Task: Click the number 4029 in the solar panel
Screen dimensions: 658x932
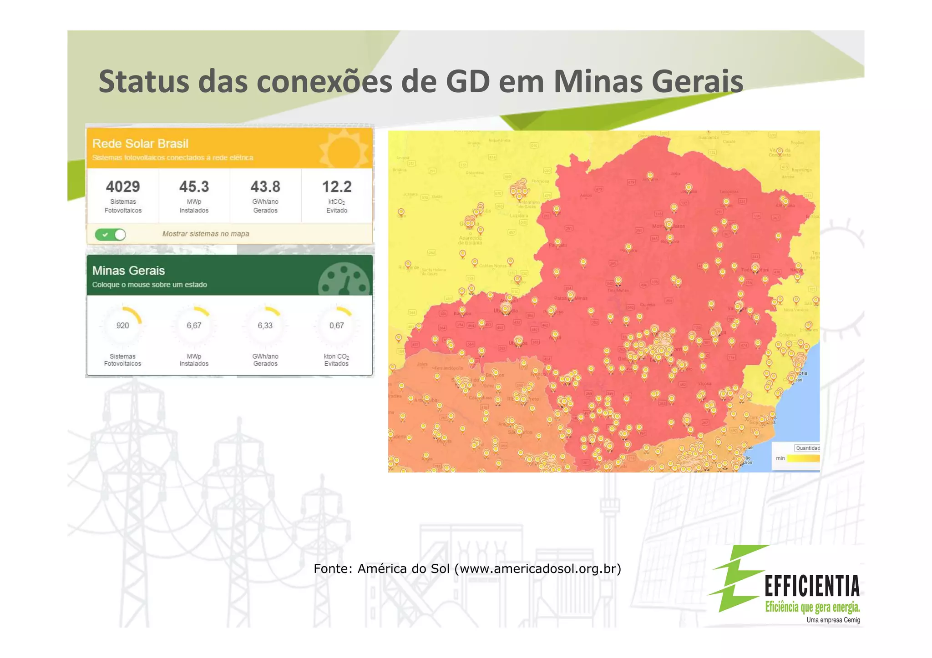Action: click(x=123, y=187)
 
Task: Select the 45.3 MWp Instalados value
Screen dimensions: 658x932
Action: click(x=194, y=187)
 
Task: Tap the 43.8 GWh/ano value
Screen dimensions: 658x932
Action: click(x=265, y=187)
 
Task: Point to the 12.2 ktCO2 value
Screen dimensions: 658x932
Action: click(x=337, y=187)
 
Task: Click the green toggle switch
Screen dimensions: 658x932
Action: click(x=111, y=235)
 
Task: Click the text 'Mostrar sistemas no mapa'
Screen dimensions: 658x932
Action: click(x=206, y=234)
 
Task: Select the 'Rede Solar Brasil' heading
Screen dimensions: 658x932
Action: click(x=140, y=144)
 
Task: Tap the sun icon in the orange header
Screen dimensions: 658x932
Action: click(x=344, y=150)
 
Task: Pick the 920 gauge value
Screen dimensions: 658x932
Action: click(x=122, y=326)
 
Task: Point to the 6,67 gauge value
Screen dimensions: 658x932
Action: click(x=194, y=326)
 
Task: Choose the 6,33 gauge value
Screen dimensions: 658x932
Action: click(x=265, y=326)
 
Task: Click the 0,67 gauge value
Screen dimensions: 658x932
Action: click(x=337, y=326)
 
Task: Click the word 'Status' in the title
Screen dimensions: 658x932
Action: click(x=144, y=82)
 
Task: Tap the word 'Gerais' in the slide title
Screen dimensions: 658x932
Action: click(x=697, y=82)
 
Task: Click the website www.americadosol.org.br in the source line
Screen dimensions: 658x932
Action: click(x=537, y=569)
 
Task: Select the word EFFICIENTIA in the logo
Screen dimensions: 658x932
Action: click(x=812, y=586)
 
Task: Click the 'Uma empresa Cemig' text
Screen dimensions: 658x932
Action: click(x=833, y=620)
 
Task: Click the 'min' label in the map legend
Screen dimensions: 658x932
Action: click(x=780, y=458)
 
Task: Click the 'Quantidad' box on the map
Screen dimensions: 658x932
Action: click(x=807, y=448)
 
